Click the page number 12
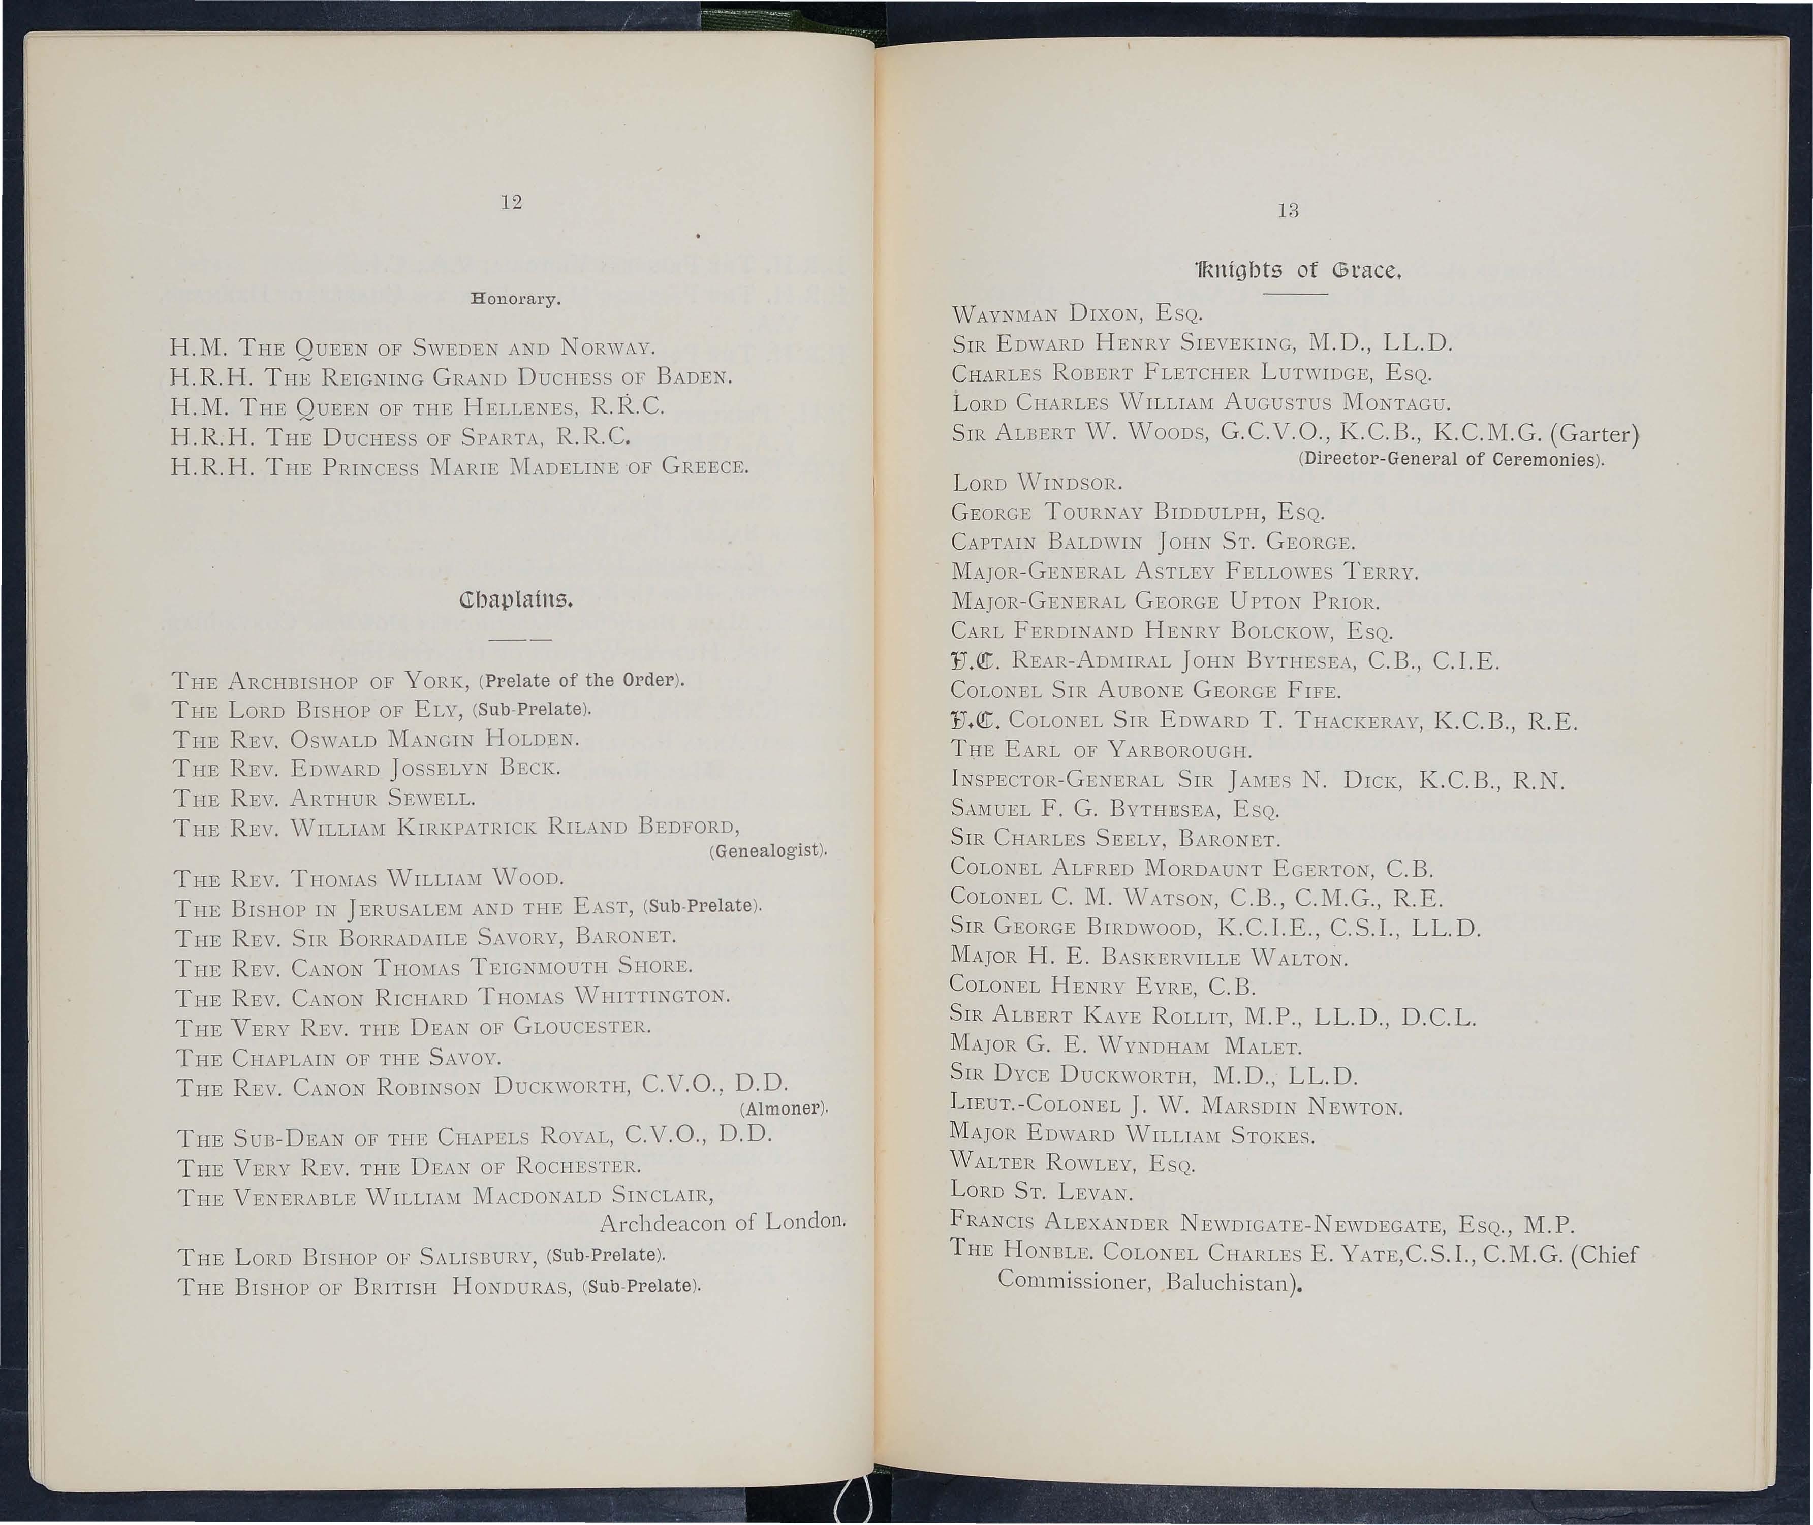click(511, 202)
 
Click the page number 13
click(1288, 210)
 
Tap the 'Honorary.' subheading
click(515, 300)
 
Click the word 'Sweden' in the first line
click(454, 348)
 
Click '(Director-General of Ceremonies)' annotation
click(1451, 459)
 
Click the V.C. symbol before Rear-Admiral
click(975, 662)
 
